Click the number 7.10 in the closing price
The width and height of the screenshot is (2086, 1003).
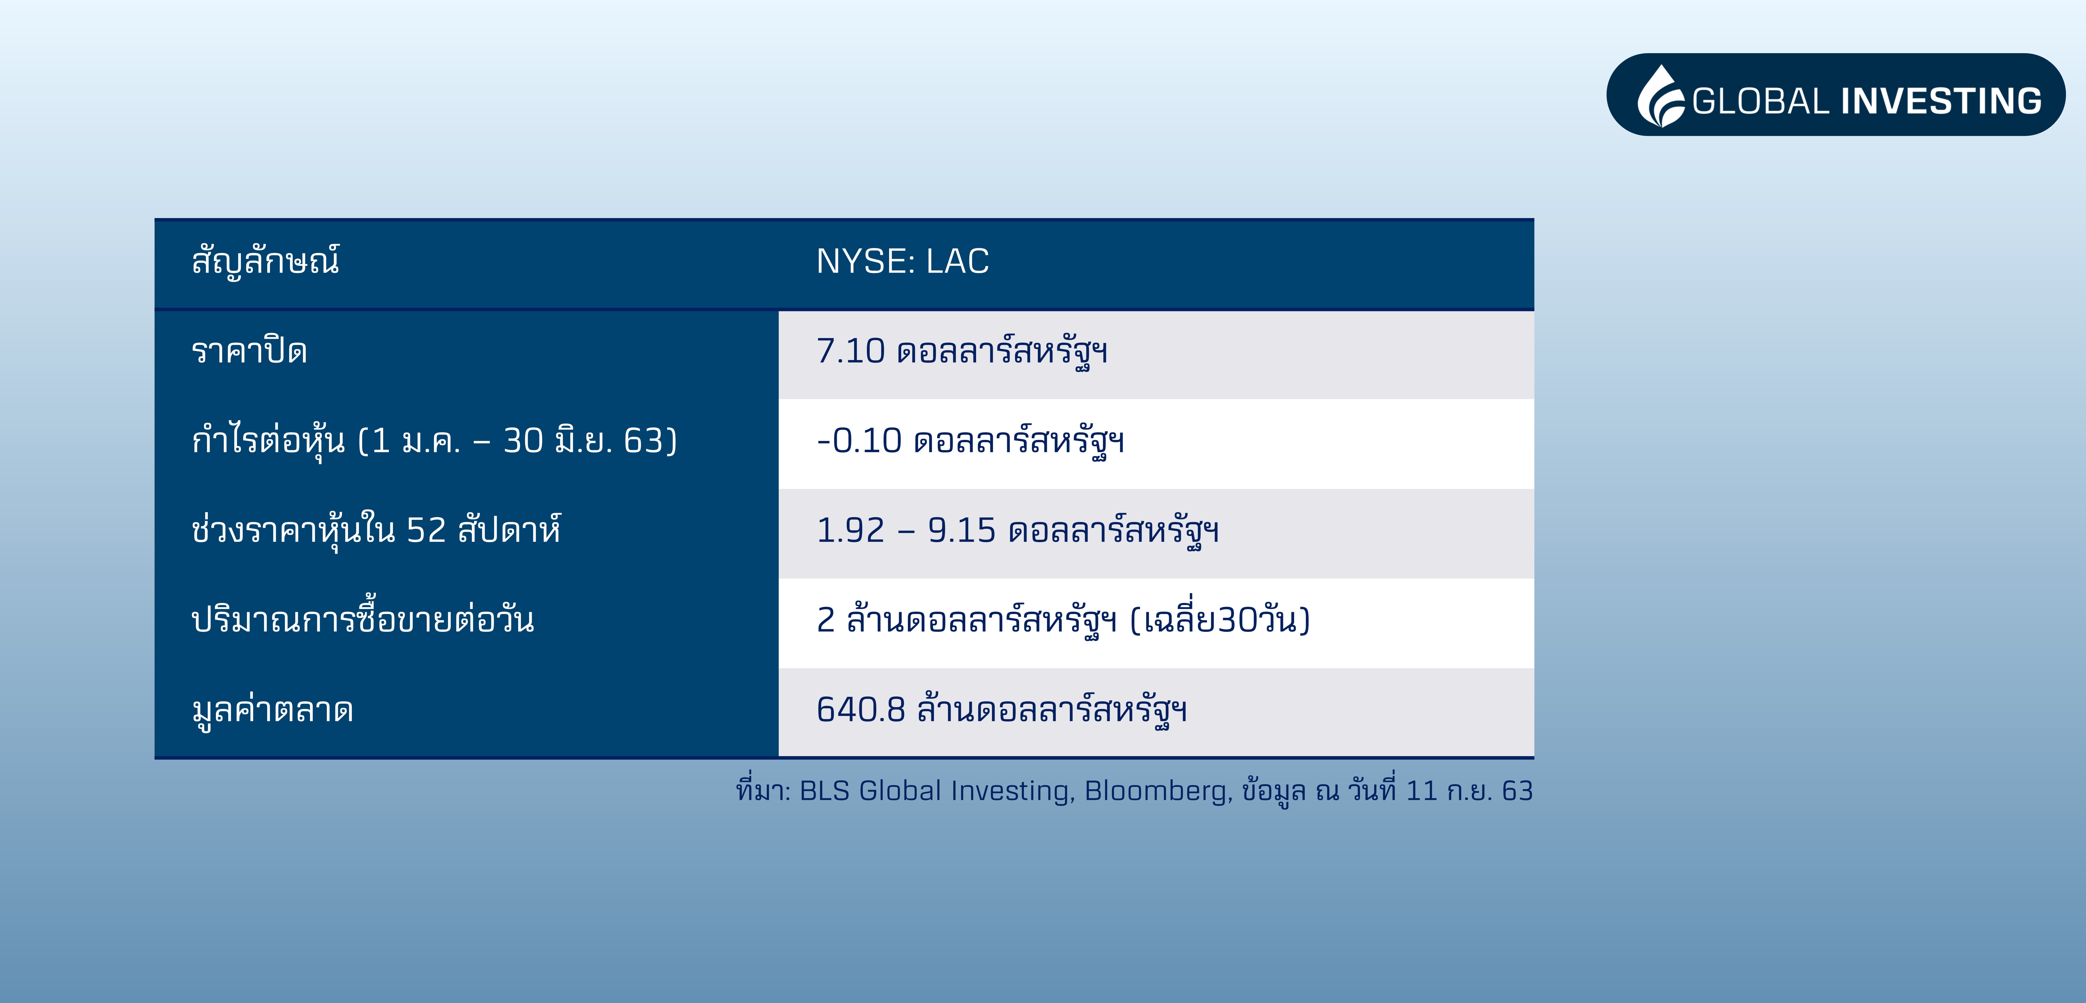(x=850, y=351)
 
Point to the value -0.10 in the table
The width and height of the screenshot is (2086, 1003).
(x=858, y=441)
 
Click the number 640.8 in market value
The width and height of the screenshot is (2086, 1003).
(x=860, y=710)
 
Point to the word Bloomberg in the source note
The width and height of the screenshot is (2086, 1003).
(x=1158, y=791)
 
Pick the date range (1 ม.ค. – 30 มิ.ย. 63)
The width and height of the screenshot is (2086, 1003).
(x=517, y=441)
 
